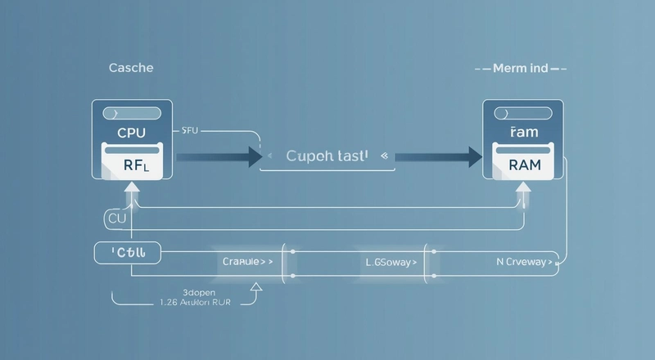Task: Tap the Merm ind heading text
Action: (x=521, y=69)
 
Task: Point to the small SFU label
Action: (x=190, y=129)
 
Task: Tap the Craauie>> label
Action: (x=247, y=263)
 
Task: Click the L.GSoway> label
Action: (x=390, y=263)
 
